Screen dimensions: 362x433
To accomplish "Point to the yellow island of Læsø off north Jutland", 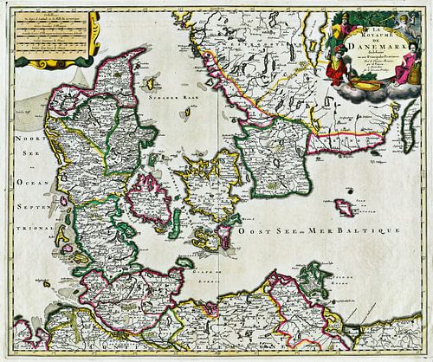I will tap(147, 84).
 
